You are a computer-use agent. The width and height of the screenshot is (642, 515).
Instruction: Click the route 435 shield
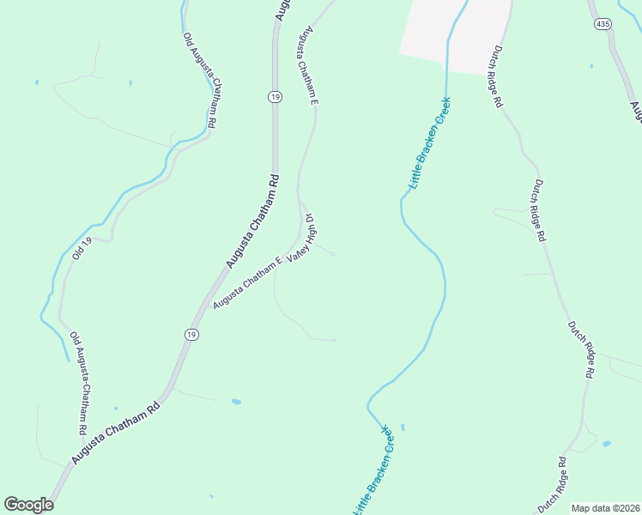(x=603, y=25)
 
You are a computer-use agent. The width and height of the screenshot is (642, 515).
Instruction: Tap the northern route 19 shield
(x=275, y=97)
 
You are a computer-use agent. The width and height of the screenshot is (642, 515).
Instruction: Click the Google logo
(x=28, y=504)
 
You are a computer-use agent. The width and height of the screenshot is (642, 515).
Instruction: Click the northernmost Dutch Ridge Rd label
(x=497, y=77)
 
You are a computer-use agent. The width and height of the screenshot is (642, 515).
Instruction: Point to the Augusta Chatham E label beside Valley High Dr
(x=248, y=283)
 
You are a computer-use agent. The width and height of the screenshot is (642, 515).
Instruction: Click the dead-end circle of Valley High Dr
(x=333, y=254)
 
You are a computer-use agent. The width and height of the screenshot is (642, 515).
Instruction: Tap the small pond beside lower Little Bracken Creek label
(x=403, y=427)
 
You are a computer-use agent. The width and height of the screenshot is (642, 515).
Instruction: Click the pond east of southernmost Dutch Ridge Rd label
(x=607, y=444)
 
